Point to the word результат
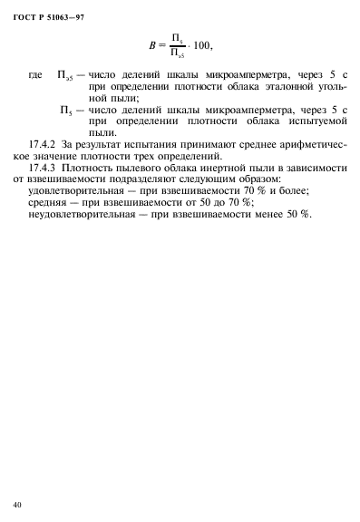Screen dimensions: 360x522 click(x=126, y=144)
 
